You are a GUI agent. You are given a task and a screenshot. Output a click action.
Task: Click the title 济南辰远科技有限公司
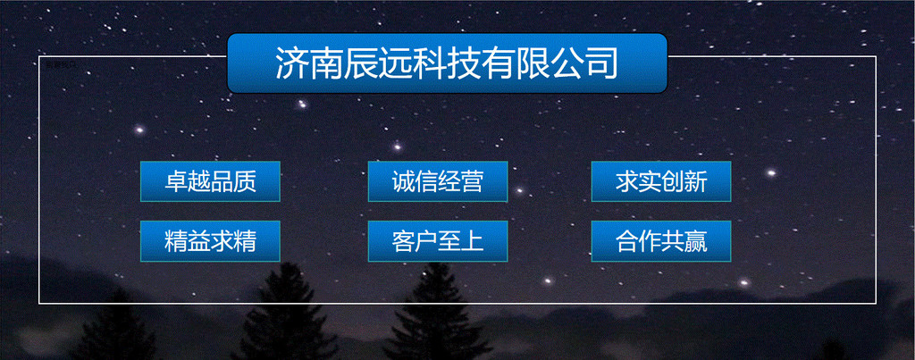click(447, 63)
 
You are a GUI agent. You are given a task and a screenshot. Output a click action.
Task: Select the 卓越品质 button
click(210, 181)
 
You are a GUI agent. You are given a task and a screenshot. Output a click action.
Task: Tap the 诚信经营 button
click(438, 181)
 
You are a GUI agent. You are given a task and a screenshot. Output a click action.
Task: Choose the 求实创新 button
click(661, 181)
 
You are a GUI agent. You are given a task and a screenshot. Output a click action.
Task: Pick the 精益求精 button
click(210, 241)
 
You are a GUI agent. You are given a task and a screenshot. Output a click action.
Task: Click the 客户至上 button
click(438, 241)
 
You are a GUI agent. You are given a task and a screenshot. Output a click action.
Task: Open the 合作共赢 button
click(661, 241)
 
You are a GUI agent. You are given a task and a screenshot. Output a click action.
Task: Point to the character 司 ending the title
click(601, 63)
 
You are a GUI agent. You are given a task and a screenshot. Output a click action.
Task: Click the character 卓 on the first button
click(176, 182)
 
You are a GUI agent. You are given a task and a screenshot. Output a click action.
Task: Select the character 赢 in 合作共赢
click(696, 241)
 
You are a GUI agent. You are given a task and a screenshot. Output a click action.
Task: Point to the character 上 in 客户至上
click(473, 241)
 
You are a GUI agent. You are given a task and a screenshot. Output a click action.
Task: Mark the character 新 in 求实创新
click(696, 182)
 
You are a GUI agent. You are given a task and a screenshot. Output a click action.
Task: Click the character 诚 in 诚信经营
click(403, 182)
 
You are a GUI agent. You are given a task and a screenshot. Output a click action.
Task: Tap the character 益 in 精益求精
click(198, 241)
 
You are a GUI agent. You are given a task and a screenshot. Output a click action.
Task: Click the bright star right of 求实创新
click(771, 172)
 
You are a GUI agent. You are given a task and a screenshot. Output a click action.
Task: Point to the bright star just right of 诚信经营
click(519, 189)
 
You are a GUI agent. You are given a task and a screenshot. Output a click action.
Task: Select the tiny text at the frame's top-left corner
click(61, 64)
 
